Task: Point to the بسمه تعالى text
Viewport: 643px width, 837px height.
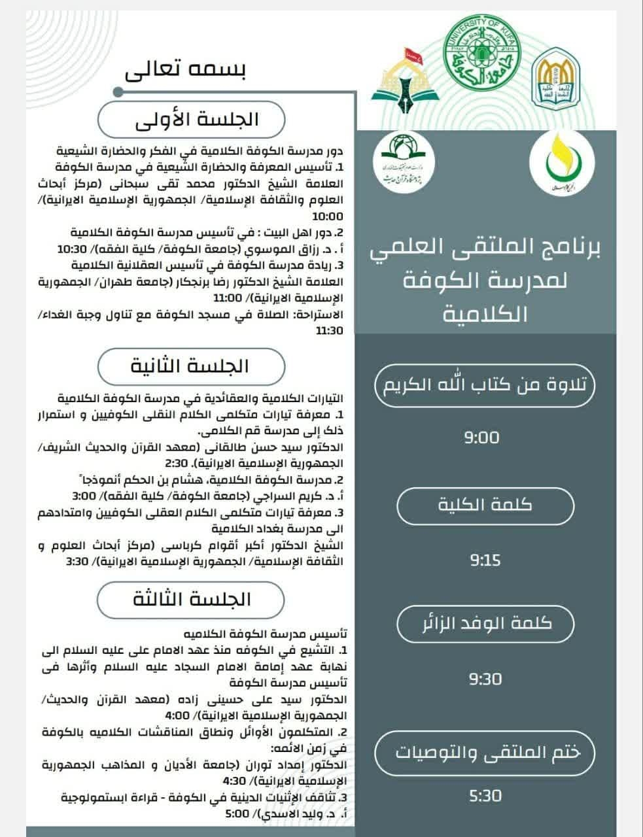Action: [192, 71]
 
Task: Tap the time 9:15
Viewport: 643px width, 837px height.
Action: [485, 560]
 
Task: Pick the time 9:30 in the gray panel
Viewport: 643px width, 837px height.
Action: [485, 679]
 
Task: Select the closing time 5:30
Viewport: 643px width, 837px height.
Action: [485, 796]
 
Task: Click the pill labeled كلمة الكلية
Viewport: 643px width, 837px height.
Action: [485, 505]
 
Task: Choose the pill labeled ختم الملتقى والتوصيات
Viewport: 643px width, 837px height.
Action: [486, 752]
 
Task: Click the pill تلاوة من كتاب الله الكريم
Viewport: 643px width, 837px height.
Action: [485, 384]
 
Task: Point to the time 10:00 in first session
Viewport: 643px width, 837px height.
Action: [328, 216]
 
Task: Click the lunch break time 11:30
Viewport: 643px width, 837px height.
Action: [329, 331]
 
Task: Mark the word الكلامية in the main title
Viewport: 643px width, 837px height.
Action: [485, 313]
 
